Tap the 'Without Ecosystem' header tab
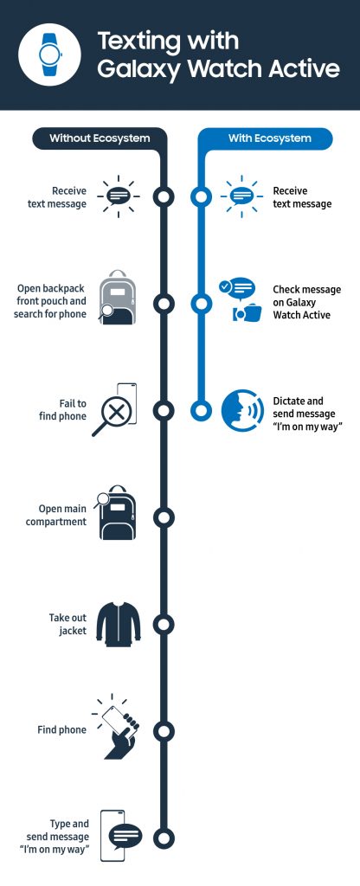(x=98, y=138)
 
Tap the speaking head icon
(x=241, y=411)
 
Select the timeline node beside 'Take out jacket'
(x=163, y=624)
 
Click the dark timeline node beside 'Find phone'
(x=163, y=730)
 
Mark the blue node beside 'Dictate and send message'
(x=201, y=410)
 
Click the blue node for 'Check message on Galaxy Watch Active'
(x=201, y=304)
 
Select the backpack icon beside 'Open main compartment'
(x=117, y=516)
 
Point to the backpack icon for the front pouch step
(x=117, y=301)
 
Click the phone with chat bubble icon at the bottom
(x=120, y=836)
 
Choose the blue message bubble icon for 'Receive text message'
(x=240, y=196)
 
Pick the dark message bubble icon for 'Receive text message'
(x=118, y=196)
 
